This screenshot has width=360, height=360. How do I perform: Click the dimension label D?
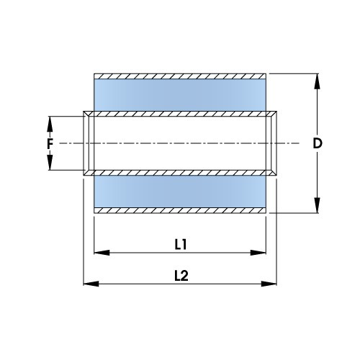[x=317, y=143]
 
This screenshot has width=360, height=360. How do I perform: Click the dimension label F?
[x=50, y=143]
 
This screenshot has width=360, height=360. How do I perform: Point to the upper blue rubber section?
[x=181, y=94]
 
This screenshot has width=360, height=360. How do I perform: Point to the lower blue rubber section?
[x=181, y=192]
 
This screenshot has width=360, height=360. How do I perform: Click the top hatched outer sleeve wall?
[x=181, y=76]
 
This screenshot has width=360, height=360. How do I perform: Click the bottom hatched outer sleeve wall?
[x=181, y=211]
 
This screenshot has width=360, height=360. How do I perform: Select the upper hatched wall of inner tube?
[x=181, y=114]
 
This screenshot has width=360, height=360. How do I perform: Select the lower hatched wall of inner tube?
[x=181, y=173]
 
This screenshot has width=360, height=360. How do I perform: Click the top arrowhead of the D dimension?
[x=317, y=80]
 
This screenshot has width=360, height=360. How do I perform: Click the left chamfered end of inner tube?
[x=87, y=143]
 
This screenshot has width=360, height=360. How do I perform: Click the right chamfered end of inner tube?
[x=276, y=143]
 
